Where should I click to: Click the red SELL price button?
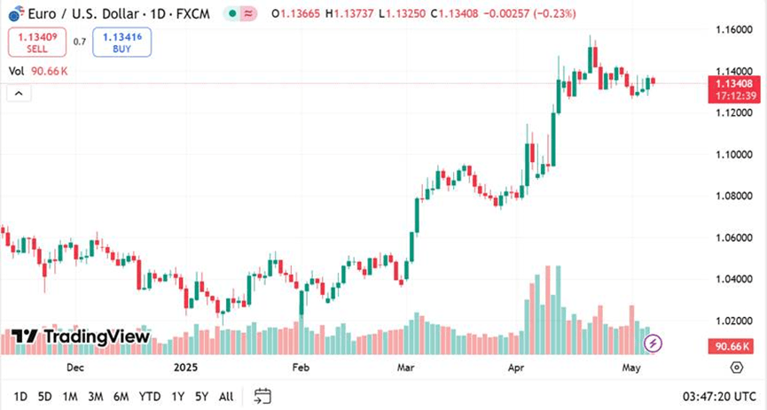pyautogui.click(x=36, y=42)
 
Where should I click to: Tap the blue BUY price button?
pyautogui.click(x=122, y=42)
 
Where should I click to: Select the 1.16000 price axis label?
pyautogui.click(x=733, y=30)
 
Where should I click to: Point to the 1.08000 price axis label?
pyautogui.click(x=733, y=196)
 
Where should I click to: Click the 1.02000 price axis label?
pyautogui.click(x=733, y=321)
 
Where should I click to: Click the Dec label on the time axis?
pyautogui.click(x=74, y=367)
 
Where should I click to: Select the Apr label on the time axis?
pyautogui.click(x=517, y=367)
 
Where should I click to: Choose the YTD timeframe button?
pyautogui.click(x=150, y=396)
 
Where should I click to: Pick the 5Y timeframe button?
pyautogui.click(x=202, y=396)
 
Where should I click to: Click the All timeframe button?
pyautogui.click(x=226, y=396)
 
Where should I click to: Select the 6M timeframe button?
pyautogui.click(x=121, y=396)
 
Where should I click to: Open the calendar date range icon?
pyautogui.click(x=262, y=396)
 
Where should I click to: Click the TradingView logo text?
pyautogui.click(x=81, y=337)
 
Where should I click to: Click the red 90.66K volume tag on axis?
pyautogui.click(x=732, y=347)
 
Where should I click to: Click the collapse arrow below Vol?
pyautogui.click(x=16, y=92)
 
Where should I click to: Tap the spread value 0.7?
pyautogui.click(x=80, y=42)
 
